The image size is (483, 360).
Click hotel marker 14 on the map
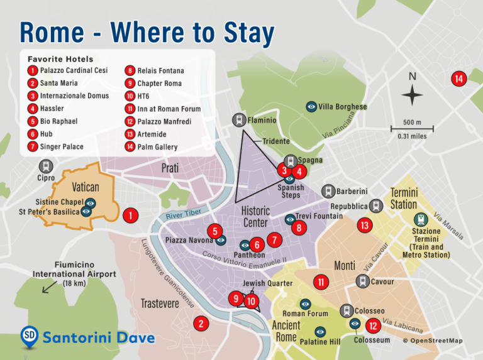click(x=458, y=79)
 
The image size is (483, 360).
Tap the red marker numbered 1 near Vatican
click(x=130, y=215)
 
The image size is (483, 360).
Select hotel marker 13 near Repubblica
click(x=364, y=224)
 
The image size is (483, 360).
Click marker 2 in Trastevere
click(x=201, y=324)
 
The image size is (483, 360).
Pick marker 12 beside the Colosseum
click(x=373, y=325)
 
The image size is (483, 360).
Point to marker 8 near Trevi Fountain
click(x=299, y=228)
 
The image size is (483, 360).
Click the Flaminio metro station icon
click(x=239, y=119)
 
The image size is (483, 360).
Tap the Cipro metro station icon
click(x=45, y=166)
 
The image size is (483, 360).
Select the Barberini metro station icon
click(x=328, y=191)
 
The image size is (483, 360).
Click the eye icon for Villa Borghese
click(x=311, y=107)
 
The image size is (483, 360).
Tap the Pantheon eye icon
click(x=245, y=245)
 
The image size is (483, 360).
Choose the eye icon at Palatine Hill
click(x=320, y=331)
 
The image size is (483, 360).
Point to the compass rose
click(x=412, y=96)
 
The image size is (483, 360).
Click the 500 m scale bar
click(x=413, y=129)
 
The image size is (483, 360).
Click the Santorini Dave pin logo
click(x=29, y=336)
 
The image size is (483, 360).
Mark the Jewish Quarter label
click(x=267, y=283)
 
